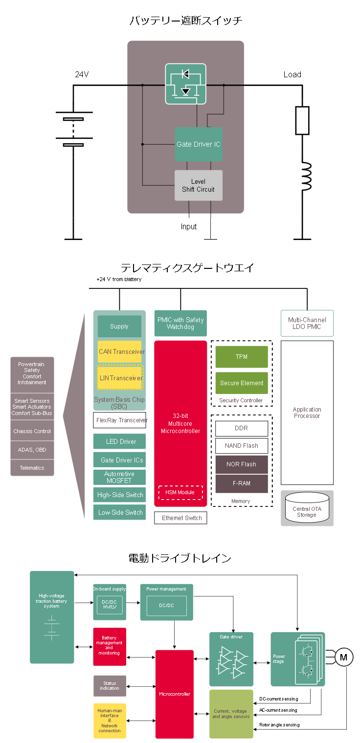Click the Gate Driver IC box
199,144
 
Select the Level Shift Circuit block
199,185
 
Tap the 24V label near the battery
82,74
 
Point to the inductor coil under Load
306,176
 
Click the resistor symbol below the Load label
302,121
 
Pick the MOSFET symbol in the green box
186,84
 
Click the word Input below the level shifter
189,226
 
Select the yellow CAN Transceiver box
120,351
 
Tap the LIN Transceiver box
120,378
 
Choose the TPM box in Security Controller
242,357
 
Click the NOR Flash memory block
242,464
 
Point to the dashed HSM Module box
180,492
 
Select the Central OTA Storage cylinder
307,508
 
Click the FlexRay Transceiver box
120,420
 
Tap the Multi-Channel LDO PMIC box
307,323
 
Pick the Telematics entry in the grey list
32,468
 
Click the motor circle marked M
343,657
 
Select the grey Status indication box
110,686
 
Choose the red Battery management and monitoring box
110,646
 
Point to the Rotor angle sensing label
279,724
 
